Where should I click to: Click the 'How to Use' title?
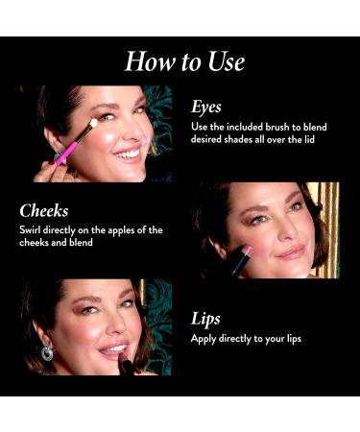coord(184,61)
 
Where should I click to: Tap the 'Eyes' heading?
coord(207,107)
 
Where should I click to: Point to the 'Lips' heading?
coord(206,318)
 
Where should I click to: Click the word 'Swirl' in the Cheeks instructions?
coord(33,230)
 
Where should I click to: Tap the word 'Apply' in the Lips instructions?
coord(204,339)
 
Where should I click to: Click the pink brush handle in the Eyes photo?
coord(64,152)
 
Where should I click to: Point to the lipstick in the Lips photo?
coord(124,364)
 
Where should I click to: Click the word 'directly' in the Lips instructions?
coord(240,339)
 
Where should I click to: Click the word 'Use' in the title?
coord(224,61)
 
